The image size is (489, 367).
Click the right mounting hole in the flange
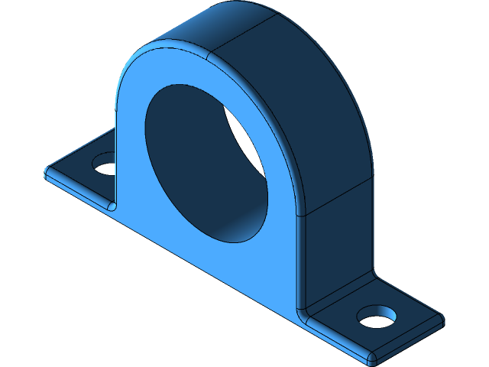(x=376, y=316)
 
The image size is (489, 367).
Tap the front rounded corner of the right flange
(x=371, y=358)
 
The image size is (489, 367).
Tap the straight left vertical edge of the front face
(x=117, y=153)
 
